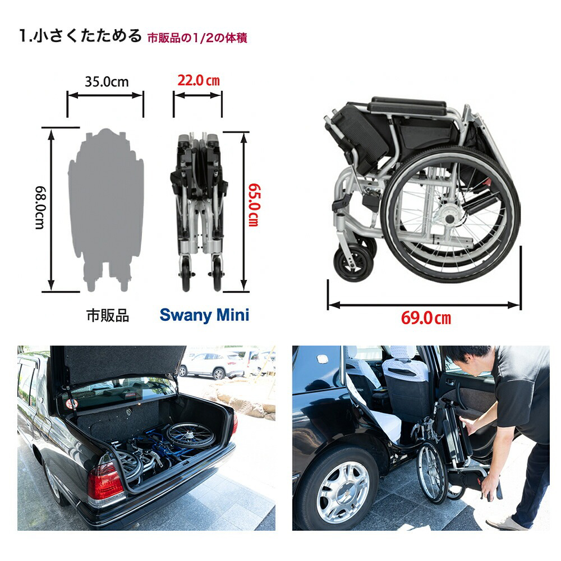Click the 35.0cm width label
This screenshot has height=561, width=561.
[x=107, y=82]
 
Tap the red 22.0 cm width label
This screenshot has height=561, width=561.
[x=199, y=81]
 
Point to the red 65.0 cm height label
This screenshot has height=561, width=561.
[x=253, y=205]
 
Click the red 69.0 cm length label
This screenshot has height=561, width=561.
[x=426, y=319]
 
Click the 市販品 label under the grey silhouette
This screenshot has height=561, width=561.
[x=107, y=315]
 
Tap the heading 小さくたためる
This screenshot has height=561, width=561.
[x=87, y=36]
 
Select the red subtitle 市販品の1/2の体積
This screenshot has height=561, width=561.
[x=197, y=38]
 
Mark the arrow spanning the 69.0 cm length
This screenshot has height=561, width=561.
[x=424, y=305]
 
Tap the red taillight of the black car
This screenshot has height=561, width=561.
[x=104, y=482]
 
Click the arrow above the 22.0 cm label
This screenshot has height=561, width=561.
[x=197, y=95]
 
